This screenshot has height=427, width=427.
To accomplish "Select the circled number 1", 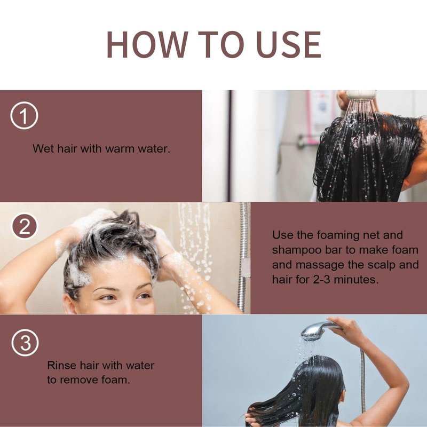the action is [x=24, y=115].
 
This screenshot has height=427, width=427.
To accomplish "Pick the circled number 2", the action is [x=24, y=226].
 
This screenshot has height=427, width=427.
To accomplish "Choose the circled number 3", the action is [x=25, y=342].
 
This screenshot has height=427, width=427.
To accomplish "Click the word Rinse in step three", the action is [x=62, y=365].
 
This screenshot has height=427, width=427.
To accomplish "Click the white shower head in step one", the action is [x=361, y=95].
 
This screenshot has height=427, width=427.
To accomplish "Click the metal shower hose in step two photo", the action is [x=244, y=256].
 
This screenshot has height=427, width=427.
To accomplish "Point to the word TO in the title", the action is [x=222, y=45].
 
